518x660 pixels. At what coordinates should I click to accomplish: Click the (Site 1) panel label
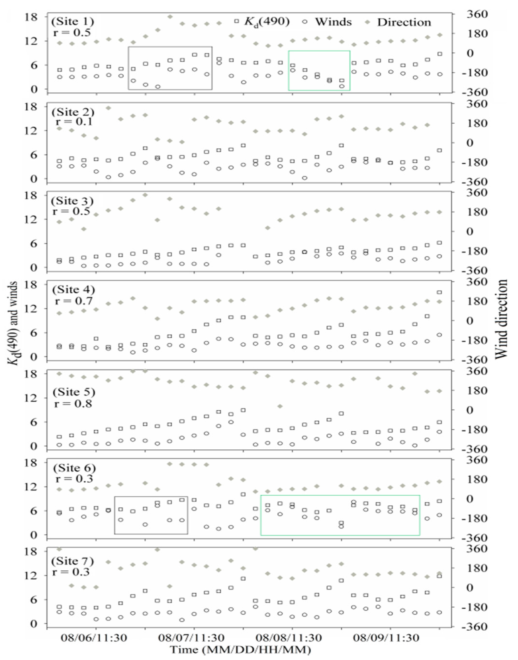tap(73, 21)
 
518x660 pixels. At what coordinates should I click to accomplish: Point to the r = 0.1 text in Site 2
tap(74, 122)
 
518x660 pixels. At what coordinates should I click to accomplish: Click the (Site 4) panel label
tap(73, 290)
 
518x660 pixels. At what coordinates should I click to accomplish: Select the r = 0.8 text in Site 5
tap(73, 404)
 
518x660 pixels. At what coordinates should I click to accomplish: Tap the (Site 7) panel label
tap(73, 561)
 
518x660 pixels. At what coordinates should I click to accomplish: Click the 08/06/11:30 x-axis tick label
tap(94, 638)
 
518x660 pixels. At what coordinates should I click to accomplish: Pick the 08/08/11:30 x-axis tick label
tap(289, 638)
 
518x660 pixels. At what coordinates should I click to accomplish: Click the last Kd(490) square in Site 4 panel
tap(439, 292)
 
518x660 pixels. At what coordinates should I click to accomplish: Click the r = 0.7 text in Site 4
tap(73, 301)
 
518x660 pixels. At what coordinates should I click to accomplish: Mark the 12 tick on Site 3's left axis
tap(32, 219)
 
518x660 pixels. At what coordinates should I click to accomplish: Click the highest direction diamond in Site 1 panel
tap(170, 17)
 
